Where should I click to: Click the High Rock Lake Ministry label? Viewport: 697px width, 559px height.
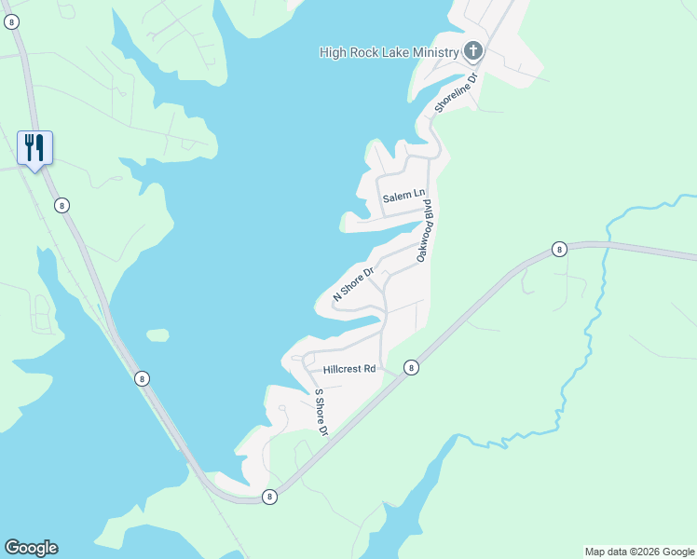(389, 51)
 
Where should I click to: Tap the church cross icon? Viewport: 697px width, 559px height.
(473, 50)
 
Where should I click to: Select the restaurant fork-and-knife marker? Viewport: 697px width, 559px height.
(34, 147)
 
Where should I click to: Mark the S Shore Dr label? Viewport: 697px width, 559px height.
(321, 412)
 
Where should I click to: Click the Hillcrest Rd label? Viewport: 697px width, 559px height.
(349, 369)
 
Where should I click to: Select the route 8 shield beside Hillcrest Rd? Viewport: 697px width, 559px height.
(411, 369)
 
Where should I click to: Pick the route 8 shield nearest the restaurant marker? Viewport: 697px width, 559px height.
(61, 205)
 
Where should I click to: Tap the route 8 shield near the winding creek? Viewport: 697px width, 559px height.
(558, 249)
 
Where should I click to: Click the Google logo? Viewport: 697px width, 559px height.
(31, 548)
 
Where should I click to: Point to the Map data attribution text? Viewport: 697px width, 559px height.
(638, 552)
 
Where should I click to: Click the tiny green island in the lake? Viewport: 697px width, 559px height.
(157, 334)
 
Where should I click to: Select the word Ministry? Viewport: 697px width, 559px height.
(433, 51)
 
